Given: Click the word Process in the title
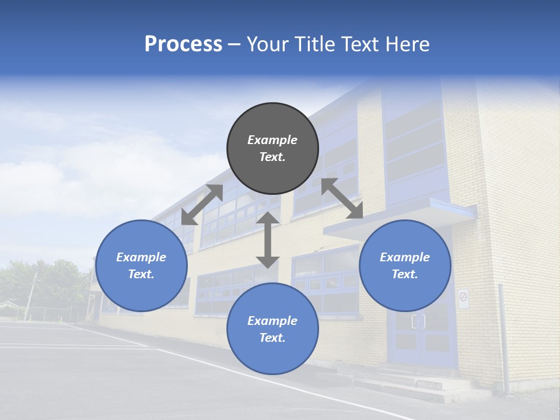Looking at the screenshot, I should pyautogui.click(x=183, y=44).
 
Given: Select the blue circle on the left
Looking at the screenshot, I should pyautogui.click(x=141, y=265).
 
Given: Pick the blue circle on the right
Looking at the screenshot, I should pyautogui.click(x=405, y=265).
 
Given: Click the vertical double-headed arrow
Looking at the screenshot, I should pyautogui.click(x=268, y=240).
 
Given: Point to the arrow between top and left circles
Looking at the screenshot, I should pyautogui.click(x=202, y=205).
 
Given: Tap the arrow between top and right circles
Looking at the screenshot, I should pyautogui.click(x=342, y=198).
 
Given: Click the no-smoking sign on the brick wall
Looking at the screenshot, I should pyautogui.click(x=463, y=297).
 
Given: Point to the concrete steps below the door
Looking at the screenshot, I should pyautogui.click(x=426, y=382).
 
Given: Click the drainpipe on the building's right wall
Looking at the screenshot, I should pyautogui.click(x=503, y=338).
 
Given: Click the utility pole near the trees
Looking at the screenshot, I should pyautogui.click(x=30, y=295).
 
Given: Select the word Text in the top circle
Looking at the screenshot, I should pyautogui.click(x=272, y=157).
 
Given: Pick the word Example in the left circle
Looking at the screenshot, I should pyautogui.click(x=141, y=257).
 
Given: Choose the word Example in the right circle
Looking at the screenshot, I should pyautogui.click(x=405, y=257).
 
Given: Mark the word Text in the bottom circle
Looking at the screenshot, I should pyautogui.click(x=272, y=338).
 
